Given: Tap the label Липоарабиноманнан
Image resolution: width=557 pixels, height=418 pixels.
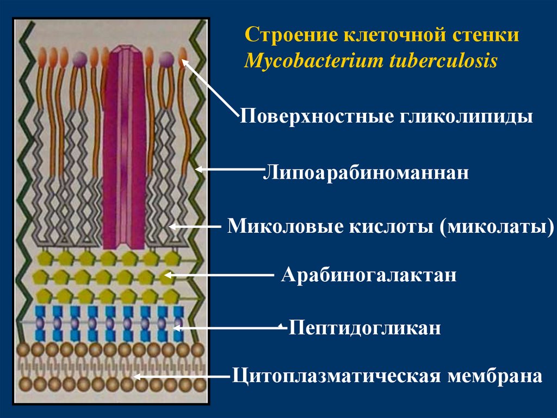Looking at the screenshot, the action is point(366,174).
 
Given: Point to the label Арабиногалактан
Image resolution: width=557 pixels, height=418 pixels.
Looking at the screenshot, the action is point(369,275).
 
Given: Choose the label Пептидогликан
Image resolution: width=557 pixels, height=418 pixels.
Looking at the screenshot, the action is point(364,329).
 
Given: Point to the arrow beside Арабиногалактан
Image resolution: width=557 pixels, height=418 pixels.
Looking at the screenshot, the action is point(218,276).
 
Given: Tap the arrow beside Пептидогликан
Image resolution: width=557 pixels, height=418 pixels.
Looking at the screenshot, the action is point(228,328).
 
